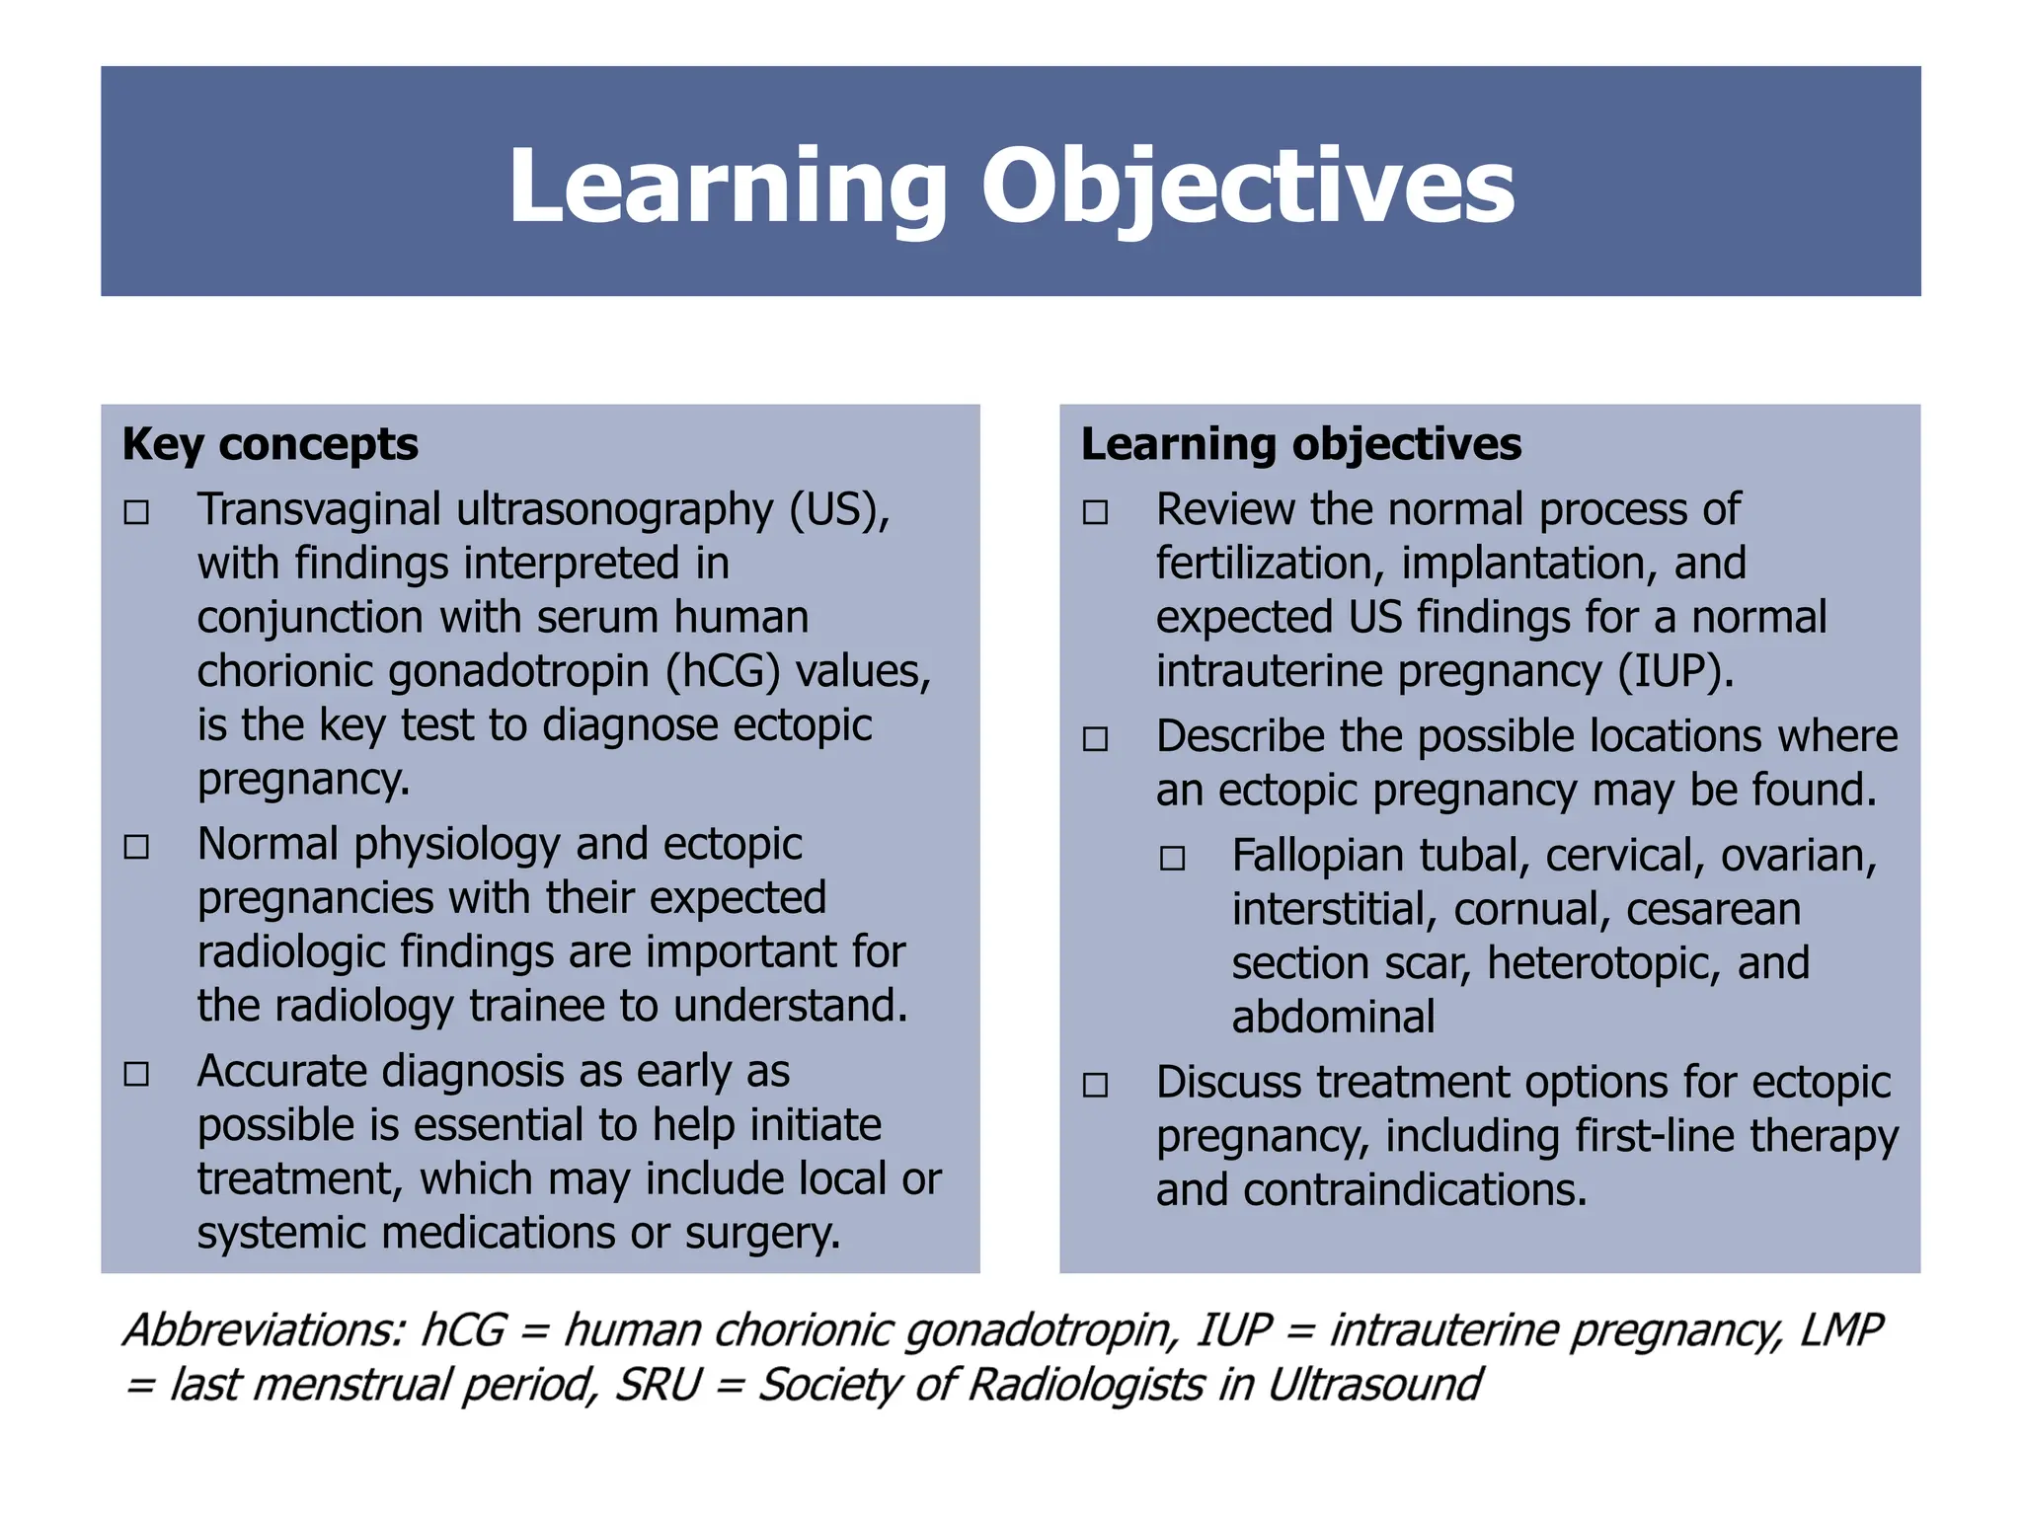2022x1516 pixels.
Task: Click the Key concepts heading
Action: click(x=270, y=444)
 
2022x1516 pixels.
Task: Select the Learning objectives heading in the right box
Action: click(x=1300, y=444)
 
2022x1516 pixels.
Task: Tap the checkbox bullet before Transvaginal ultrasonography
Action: click(x=136, y=512)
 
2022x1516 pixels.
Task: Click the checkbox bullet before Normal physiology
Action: click(x=136, y=847)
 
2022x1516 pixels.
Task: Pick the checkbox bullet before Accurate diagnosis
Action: click(x=136, y=1074)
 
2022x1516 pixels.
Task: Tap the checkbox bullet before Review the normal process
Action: click(x=1095, y=512)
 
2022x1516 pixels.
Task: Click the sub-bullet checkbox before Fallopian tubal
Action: click(x=1172, y=859)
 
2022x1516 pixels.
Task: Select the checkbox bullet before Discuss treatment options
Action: click(x=1095, y=1086)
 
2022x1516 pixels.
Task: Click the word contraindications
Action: click(x=1414, y=1190)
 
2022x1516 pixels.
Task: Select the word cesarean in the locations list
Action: click(x=1713, y=910)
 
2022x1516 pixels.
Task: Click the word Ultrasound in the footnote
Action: click(x=1373, y=1385)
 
